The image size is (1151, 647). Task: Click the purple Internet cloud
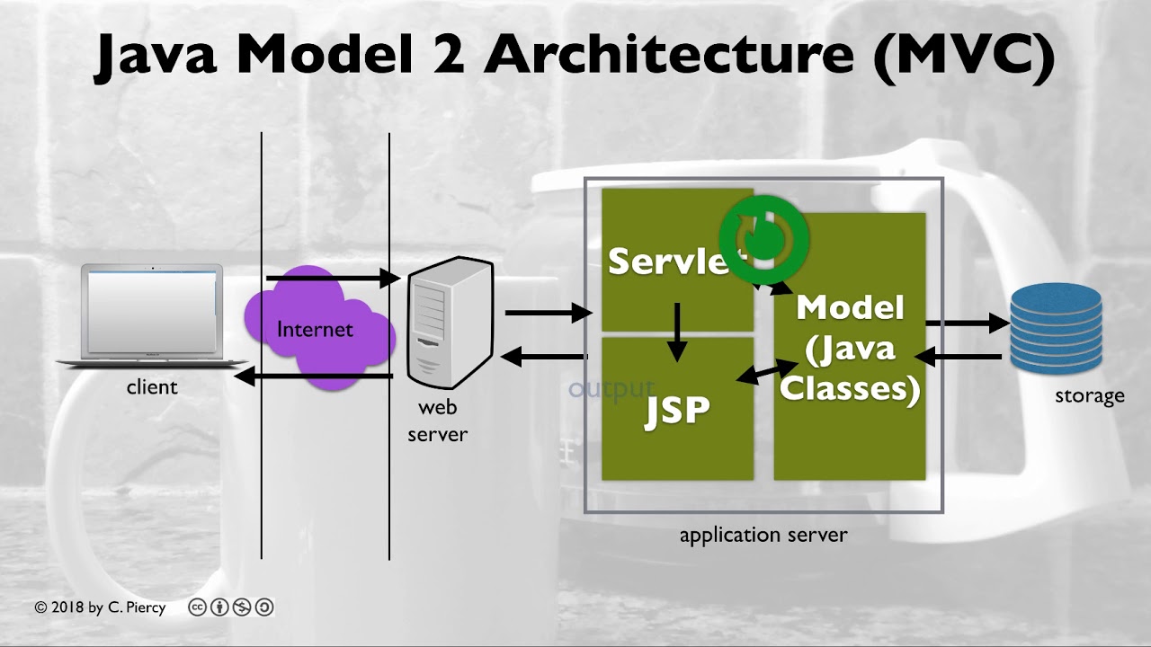pyautogui.click(x=319, y=329)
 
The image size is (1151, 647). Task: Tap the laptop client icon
pyautogui.click(x=152, y=315)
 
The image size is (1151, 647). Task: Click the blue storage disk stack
pyautogui.click(x=1056, y=328)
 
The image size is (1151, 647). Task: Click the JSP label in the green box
pyautogui.click(x=677, y=411)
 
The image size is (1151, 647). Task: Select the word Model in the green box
pyautogui.click(x=850, y=308)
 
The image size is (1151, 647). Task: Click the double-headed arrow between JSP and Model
pyautogui.click(x=767, y=371)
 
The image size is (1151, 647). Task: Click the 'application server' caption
pyautogui.click(x=763, y=536)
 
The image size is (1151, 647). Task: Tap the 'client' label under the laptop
pyautogui.click(x=152, y=387)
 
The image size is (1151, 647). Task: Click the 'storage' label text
pyautogui.click(x=1089, y=395)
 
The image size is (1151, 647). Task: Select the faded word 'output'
pyautogui.click(x=611, y=389)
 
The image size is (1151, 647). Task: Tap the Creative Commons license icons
pyautogui.click(x=230, y=607)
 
